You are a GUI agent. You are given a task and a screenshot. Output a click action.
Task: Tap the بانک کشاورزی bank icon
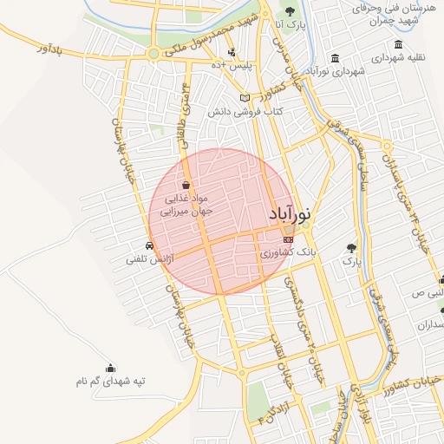[x=288, y=239]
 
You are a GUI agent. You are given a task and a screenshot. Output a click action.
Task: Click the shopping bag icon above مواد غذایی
[x=186, y=185]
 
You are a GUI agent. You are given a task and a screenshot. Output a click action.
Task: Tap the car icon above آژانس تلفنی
[x=152, y=245]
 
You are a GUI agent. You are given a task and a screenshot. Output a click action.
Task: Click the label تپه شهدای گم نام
[x=110, y=381]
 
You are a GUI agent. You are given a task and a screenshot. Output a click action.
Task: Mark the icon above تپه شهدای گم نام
[x=110, y=368]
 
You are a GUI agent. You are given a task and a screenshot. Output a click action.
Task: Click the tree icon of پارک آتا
[x=290, y=12]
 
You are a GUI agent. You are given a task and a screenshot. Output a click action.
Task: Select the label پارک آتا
[x=290, y=26]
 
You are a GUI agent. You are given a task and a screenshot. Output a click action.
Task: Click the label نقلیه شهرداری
[x=398, y=58]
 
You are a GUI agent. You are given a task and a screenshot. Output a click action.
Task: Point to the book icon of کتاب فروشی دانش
[x=245, y=97]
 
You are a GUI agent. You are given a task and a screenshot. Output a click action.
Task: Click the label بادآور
[x=51, y=51]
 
